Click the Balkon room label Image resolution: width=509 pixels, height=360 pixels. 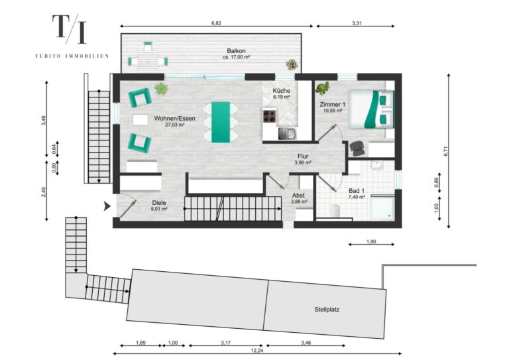click(236, 51)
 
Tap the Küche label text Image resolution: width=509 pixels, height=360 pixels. click(281, 91)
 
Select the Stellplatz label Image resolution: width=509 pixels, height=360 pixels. click(327, 310)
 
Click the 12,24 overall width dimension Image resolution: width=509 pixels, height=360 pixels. click(257, 351)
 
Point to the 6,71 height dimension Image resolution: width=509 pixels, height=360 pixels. click(445, 151)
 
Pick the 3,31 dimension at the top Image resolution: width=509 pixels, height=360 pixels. click(357, 23)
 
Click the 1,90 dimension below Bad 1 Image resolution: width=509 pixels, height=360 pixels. click(371, 241)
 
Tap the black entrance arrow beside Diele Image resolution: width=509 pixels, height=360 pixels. click(107, 206)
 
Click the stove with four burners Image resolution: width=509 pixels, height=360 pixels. click(270, 116)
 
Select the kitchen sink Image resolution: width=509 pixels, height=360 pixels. click(287, 133)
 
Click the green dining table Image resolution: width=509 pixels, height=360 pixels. click(221, 123)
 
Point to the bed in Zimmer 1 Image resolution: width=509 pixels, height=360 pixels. click(371, 109)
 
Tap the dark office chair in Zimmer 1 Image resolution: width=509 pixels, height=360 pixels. click(357, 148)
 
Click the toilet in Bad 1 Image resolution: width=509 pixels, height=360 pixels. click(335, 211)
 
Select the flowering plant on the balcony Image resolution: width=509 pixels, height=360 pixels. click(292, 64)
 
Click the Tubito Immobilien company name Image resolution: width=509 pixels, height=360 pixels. click(72, 56)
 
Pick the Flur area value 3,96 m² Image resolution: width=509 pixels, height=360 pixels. click(303, 163)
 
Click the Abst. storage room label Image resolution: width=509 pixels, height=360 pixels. click(299, 196)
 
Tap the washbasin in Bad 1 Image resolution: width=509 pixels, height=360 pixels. click(376, 165)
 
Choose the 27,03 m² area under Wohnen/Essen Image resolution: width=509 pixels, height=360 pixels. click(175, 125)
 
